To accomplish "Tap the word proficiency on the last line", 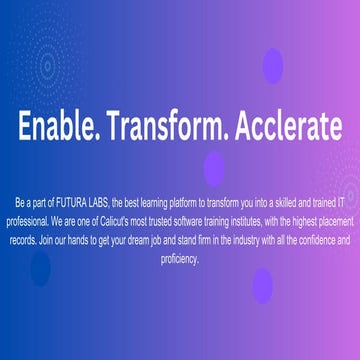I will point(180,258).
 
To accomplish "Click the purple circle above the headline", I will point(271,65).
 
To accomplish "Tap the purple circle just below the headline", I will point(213,167).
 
